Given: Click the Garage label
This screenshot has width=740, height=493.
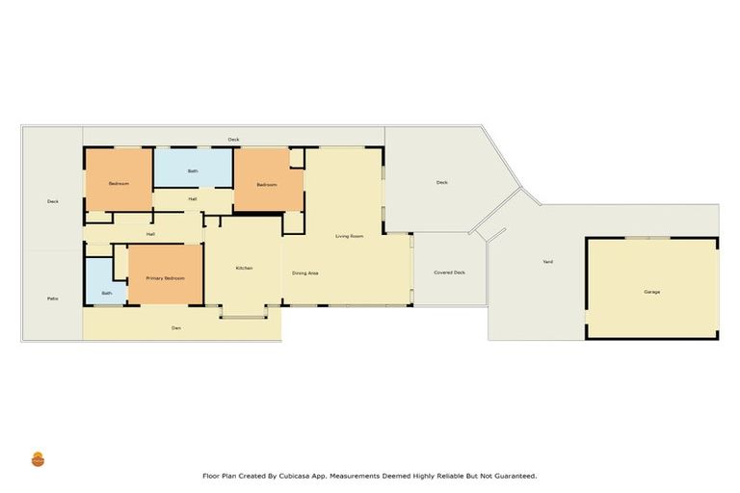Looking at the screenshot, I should click(x=652, y=292).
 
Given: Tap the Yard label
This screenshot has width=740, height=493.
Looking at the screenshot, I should click(x=547, y=262).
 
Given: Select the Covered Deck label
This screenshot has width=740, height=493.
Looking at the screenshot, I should click(x=449, y=272).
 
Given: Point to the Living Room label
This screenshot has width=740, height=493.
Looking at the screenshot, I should click(x=349, y=236).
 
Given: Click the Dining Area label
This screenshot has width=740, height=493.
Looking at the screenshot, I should click(x=305, y=273).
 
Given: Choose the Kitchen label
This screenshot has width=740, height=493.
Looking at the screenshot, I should click(x=244, y=268).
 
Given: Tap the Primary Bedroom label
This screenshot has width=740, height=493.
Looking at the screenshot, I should click(x=165, y=277).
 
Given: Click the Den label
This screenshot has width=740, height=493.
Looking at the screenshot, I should click(x=176, y=328).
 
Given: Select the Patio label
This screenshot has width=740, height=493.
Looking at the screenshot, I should click(x=53, y=298).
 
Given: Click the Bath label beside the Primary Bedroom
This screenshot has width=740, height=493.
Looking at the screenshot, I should click(x=107, y=293).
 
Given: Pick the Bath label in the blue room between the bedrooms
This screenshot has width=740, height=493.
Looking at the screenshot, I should click(x=193, y=171).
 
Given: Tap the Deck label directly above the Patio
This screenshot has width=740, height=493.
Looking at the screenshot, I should click(x=53, y=201).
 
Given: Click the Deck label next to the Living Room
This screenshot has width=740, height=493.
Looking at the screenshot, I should click(x=441, y=182).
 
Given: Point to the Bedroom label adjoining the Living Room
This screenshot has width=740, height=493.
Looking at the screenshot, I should click(x=267, y=184).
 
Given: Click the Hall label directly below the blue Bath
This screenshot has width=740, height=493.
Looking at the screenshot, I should click(x=193, y=199).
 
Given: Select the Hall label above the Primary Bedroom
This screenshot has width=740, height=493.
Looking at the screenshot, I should click(x=150, y=234).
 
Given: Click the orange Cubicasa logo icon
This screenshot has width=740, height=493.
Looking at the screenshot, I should click(x=39, y=459).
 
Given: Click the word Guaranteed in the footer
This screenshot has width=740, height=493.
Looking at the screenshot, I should click(x=511, y=476).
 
